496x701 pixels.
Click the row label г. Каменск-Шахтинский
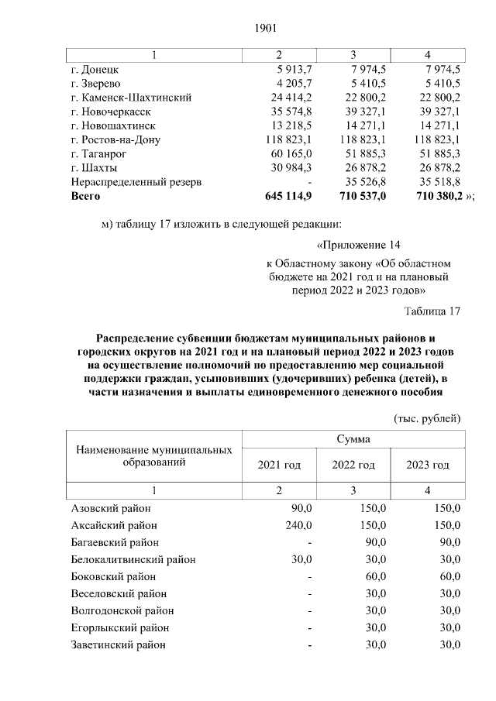[x=131, y=98]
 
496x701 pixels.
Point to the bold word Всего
[x=86, y=197]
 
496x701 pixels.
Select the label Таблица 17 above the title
[x=432, y=311]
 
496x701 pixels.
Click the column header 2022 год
[x=353, y=465]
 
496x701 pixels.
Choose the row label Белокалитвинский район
[x=133, y=559]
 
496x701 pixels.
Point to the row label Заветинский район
[x=118, y=644]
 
